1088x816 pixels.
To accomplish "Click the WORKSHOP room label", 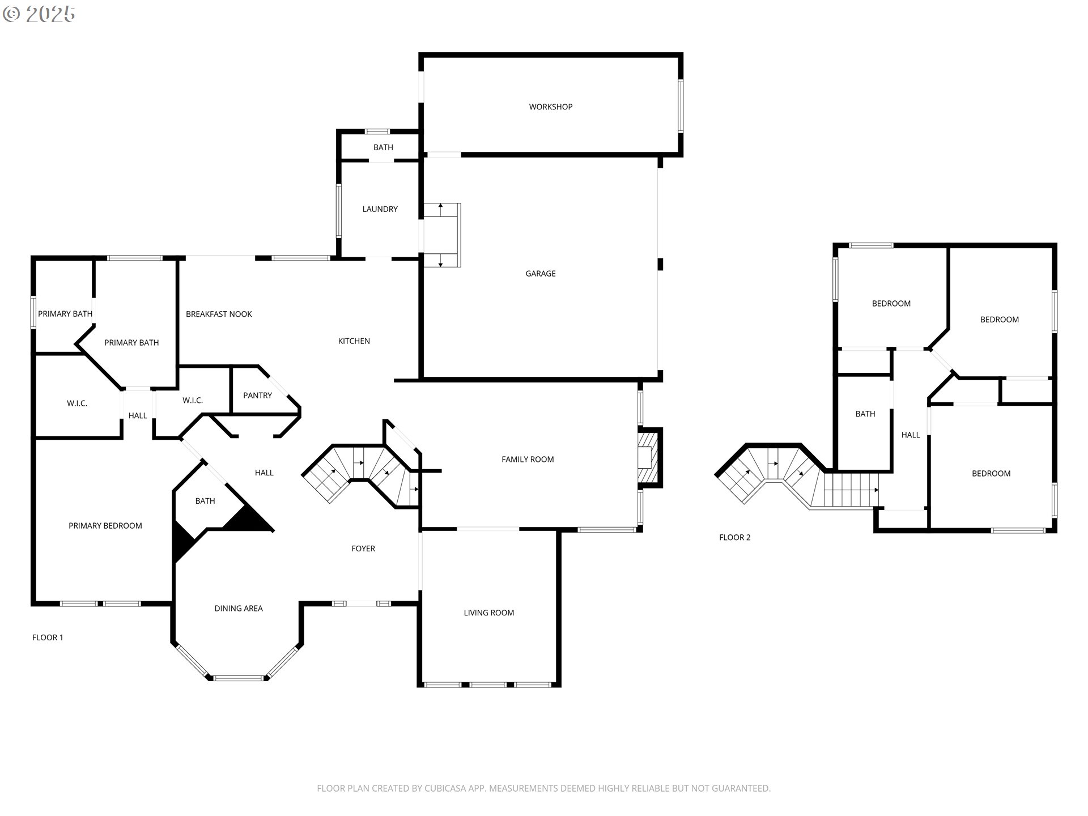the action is pyautogui.click(x=550, y=107).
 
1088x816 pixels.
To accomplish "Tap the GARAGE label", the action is pyautogui.click(x=540, y=273).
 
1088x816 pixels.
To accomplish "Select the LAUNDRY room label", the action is pyautogui.click(x=380, y=209).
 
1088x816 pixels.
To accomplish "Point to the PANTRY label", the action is pyautogui.click(x=257, y=396).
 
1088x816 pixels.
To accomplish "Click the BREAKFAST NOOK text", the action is pyautogui.click(x=219, y=314).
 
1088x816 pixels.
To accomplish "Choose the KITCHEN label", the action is pyautogui.click(x=354, y=341).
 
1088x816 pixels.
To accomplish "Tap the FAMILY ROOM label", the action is pyautogui.click(x=528, y=459).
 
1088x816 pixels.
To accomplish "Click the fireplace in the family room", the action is pyautogui.click(x=649, y=457).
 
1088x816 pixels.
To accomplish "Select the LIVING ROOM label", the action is pyautogui.click(x=488, y=613).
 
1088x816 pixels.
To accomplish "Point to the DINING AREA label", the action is pyautogui.click(x=238, y=609).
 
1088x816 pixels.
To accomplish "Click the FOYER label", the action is pyautogui.click(x=363, y=549).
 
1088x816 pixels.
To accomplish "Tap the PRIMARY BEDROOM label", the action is pyautogui.click(x=105, y=526).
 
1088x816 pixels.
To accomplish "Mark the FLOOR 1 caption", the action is pyautogui.click(x=48, y=637).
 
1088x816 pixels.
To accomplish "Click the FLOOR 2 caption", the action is pyautogui.click(x=734, y=537).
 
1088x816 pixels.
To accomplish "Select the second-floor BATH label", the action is pyautogui.click(x=865, y=414).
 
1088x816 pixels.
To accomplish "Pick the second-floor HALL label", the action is pyautogui.click(x=910, y=435).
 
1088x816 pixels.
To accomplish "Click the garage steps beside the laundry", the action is pyautogui.click(x=442, y=235).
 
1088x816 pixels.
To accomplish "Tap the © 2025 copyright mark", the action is pyautogui.click(x=39, y=14).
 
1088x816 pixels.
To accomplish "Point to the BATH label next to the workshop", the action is pyautogui.click(x=383, y=147).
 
